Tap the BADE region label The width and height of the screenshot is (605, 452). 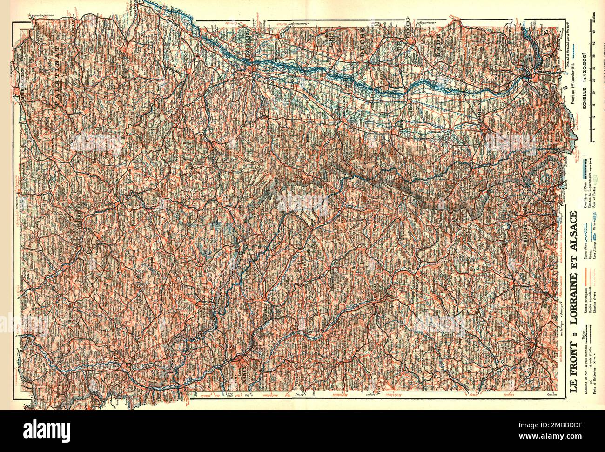[438, 45]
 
